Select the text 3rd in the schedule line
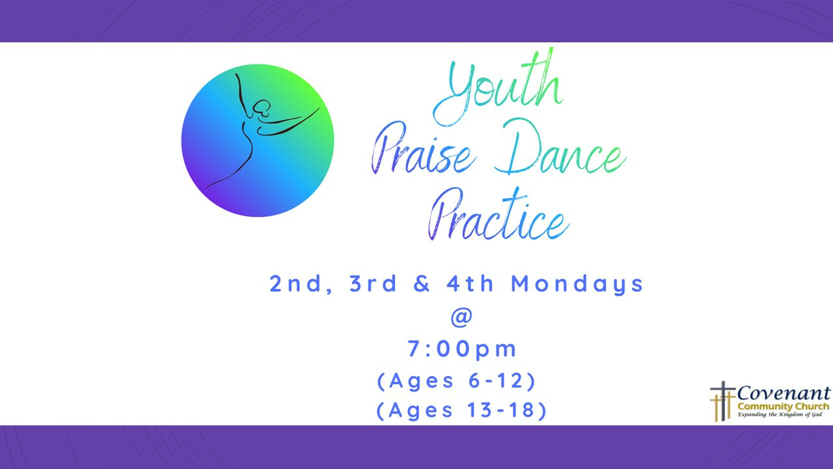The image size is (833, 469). pos(374,284)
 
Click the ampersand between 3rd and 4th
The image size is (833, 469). pos(422,284)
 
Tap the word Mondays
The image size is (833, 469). pos(577,285)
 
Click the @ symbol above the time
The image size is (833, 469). pos(461,317)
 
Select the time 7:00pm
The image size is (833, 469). pos(462,349)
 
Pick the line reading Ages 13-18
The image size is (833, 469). pos(461,411)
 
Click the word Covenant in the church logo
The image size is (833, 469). pos(784,394)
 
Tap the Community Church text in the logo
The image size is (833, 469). pos(783,406)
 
